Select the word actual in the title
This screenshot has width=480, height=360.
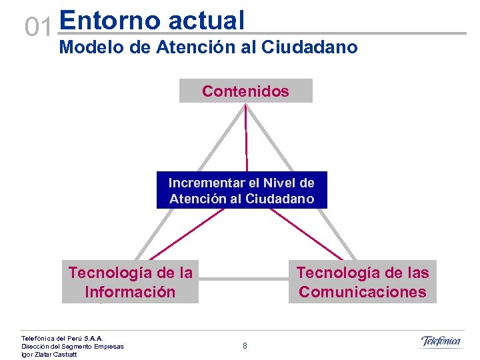pos(207,20)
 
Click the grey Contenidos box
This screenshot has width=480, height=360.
pos(245,91)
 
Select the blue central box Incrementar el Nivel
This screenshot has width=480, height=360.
pos(241,191)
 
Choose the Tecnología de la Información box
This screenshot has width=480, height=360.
pos(130,282)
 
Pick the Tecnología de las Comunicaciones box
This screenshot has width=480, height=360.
pos(363,282)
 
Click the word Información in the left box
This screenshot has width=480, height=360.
pos(130,292)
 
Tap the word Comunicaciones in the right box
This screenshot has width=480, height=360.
pos(363,292)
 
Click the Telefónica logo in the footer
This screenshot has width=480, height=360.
pos(440,342)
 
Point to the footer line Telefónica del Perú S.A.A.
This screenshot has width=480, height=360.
pos(62,339)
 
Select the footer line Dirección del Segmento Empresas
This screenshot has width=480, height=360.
pos(72,347)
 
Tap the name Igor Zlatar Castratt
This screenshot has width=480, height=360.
pos(49,355)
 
